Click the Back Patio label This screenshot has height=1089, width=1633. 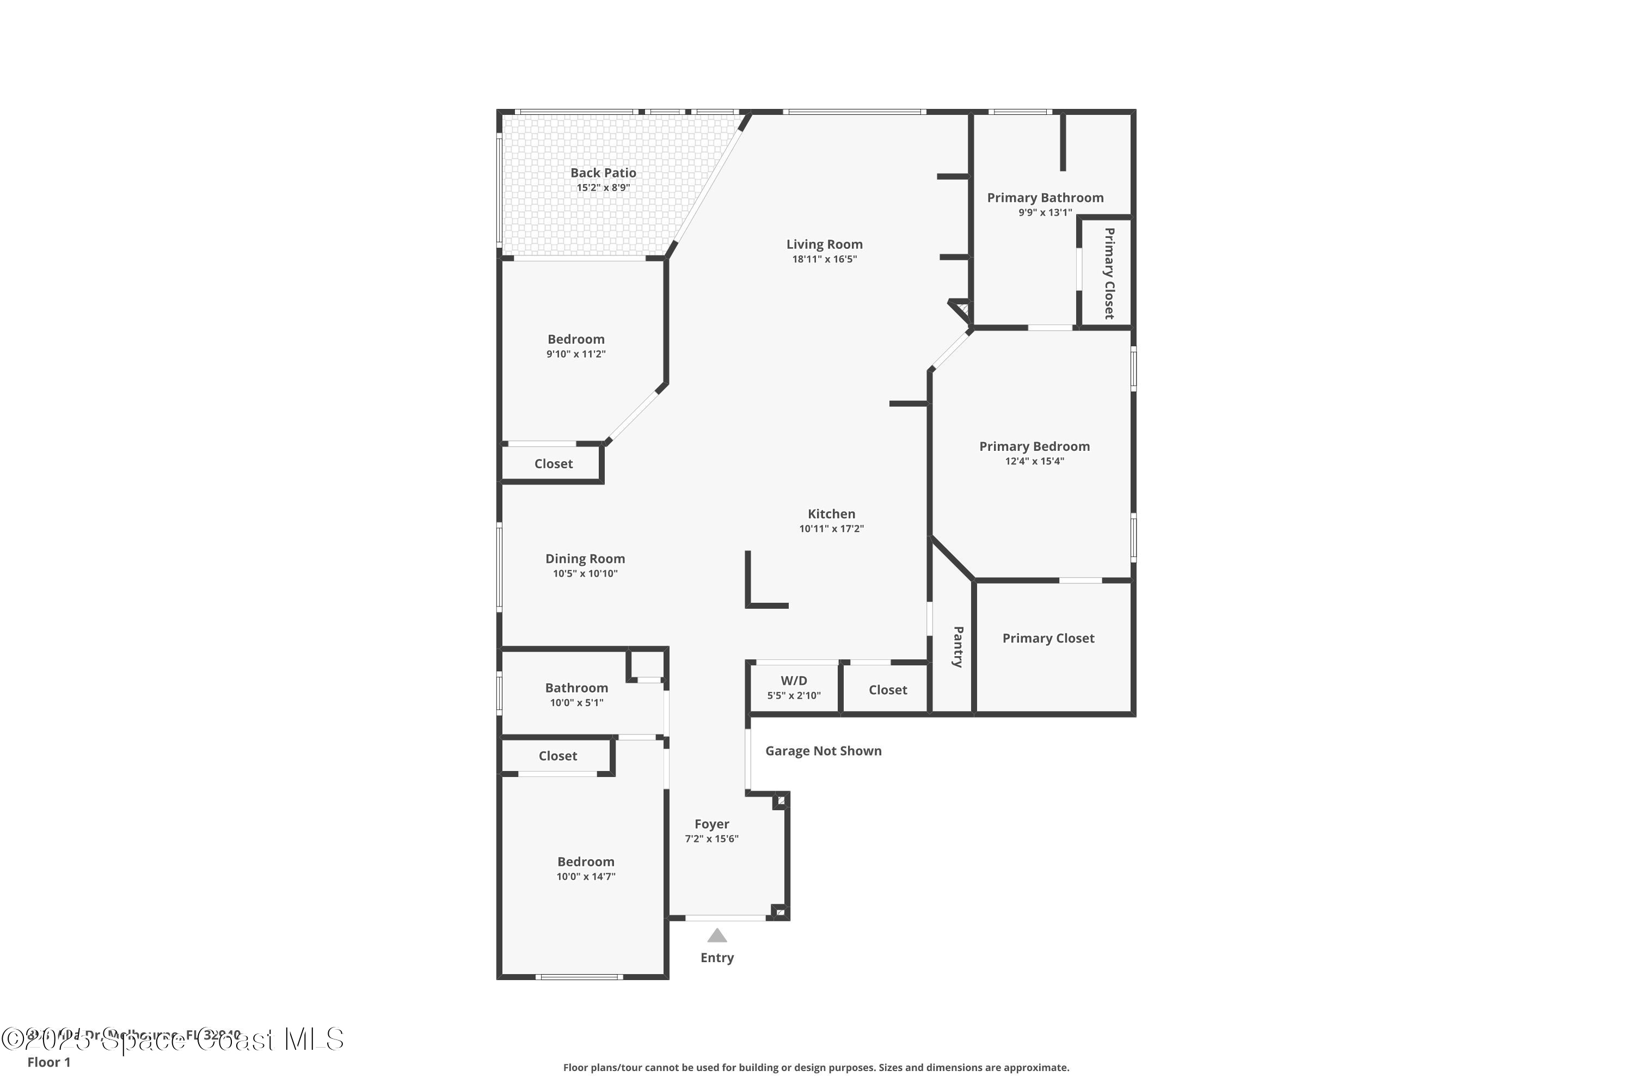pos(603,172)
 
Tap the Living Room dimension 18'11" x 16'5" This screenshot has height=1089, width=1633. pos(824,259)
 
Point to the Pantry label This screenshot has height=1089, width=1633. pos(958,647)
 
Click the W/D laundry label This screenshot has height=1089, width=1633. pos(794,681)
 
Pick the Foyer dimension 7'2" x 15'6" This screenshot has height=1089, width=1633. pos(711,839)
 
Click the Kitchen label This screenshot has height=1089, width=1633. pos(831,514)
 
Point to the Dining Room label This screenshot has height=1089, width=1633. pos(585,559)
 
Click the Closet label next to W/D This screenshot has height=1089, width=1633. pos(887,690)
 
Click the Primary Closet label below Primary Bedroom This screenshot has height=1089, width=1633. pos(1048,638)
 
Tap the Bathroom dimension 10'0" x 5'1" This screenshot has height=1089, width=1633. pos(576,703)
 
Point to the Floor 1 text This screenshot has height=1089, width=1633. pos(48,1062)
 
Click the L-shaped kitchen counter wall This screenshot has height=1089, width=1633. pos(748,590)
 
